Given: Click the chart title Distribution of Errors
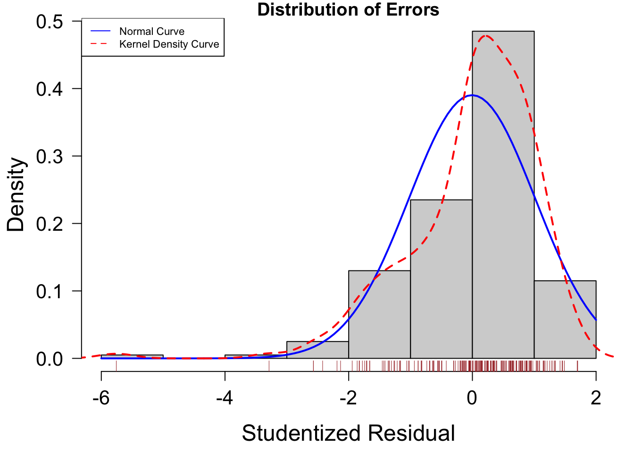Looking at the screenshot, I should tap(348, 9).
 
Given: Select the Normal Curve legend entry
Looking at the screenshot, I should tap(151, 32).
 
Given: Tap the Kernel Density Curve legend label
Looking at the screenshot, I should tap(169, 44).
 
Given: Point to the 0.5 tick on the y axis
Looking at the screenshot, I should tap(50, 22).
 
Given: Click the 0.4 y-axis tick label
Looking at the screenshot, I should tap(50, 89).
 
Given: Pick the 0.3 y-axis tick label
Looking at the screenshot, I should tap(50, 157).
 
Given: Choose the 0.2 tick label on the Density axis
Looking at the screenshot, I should tap(50, 224).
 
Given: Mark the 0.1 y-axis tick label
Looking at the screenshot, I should tap(50, 291).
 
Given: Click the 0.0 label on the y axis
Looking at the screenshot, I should tap(50, 359).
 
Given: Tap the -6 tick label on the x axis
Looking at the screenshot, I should tap(101, 398).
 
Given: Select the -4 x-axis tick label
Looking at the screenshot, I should tap(225, 398).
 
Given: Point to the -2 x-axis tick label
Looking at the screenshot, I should tap(348, 398).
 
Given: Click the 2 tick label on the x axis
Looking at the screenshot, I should tap(596, 398).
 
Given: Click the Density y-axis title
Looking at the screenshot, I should tap(16, 194).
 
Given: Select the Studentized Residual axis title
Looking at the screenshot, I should tap(348, 433).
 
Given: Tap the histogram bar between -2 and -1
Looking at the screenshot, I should tap(379, 321).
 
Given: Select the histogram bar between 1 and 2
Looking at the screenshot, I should tap(565, 326).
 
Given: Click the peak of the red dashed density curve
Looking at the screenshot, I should tap(485, 35).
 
